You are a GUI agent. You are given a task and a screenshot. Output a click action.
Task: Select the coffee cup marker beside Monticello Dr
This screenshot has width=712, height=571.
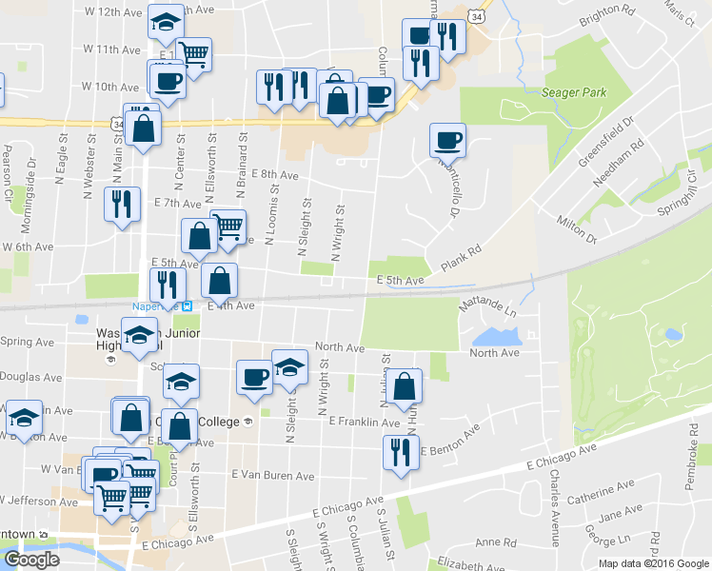[447, 141]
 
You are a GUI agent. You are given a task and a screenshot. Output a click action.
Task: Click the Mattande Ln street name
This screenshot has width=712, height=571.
[487, 307]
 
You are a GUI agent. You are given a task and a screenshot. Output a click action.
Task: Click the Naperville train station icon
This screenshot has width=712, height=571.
[187, 305]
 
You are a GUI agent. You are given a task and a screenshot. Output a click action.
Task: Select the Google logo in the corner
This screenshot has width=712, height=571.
[31, 560]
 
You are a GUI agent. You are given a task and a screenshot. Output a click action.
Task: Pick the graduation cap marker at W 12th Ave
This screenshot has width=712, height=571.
[167, 23]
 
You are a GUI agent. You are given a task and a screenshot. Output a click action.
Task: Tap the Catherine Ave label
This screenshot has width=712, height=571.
[601, 493]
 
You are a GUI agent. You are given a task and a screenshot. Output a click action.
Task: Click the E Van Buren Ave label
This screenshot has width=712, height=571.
[272, 475]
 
